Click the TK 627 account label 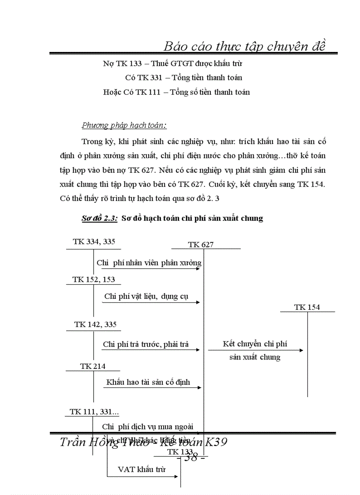(x=201, y=245)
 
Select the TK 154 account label (x=307, y=307)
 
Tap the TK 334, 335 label (x=94, y=242)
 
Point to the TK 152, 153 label (x=94, y=279)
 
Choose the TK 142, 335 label (x=95, y=324)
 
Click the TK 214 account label (x=93, y=366)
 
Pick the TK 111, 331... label (x=94, y=412)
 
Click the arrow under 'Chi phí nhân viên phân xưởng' (x=150, y=268)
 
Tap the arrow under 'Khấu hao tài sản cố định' (x=153, y=387)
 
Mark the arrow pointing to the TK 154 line (x=256, y=350)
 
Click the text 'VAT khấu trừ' (x=142, y=469)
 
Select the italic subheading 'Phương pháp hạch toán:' (x=124, y=125)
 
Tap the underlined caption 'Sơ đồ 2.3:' (x=96, y=218)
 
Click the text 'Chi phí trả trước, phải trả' (x=146, y=344)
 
